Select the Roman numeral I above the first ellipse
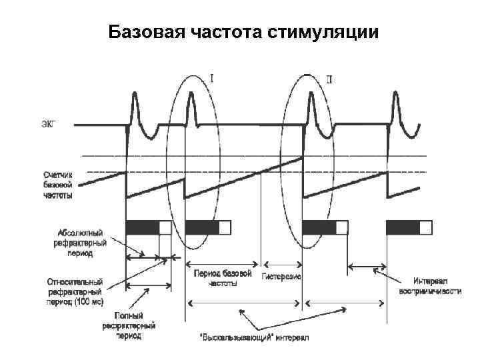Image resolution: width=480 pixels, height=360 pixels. (x=212, y=78)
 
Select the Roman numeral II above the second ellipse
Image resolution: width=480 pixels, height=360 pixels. (x=329, y=81)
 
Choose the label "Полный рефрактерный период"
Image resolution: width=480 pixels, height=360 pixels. (x=129, y=326)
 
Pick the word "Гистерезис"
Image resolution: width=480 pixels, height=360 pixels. (x=283, y=276)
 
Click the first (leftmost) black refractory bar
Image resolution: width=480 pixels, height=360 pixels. (x=141, y=227)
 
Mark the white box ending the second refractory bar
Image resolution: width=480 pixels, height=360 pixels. (x=225, y=227)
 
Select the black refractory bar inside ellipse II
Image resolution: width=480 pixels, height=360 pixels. (x=319, y=227)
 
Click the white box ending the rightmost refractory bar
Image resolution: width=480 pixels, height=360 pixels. (x=425, y=227)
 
